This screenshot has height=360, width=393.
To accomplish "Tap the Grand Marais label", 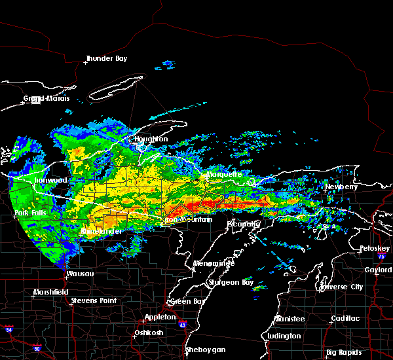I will click(x=43, y=99).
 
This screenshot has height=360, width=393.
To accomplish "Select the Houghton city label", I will click(x=151, y=139).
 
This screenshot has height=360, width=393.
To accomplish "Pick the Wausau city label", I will click(x=80, y=273).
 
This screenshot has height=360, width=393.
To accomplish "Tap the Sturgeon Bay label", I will click(x=226, y=282).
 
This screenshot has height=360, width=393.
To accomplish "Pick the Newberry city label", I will click(x=342, y=187).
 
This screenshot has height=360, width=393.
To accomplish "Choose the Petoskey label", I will click(x=374, y=249).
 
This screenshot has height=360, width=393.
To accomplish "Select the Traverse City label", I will click(x=341, y=287).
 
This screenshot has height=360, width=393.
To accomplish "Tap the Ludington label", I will click(x=283, y=336).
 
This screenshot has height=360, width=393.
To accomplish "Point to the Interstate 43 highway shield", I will click(x=181, y=325).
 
